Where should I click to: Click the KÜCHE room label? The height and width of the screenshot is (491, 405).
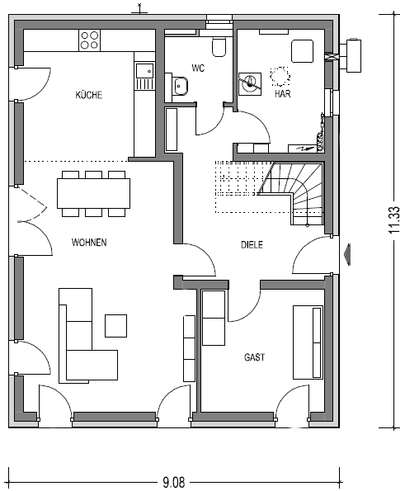point(89,95)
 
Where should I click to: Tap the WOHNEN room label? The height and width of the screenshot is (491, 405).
point(89,243)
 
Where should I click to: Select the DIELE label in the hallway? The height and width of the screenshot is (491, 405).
point(252,245)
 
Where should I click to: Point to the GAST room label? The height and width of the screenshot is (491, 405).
point(254,357)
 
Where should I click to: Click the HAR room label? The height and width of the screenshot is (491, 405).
point(282,93)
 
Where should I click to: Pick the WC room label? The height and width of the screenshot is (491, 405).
point(199,68)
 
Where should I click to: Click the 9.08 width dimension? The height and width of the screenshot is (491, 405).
point(174,482)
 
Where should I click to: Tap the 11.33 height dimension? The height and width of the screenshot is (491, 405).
point(394,220)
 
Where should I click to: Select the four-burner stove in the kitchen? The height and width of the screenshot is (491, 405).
point(89,40)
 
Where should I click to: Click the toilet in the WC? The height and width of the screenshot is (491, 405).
point(219,47)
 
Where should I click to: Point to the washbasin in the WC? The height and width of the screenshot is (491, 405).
point(181,85)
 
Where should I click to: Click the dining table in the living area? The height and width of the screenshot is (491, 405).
point(93,193)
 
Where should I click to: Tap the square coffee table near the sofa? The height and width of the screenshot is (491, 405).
point(115,326)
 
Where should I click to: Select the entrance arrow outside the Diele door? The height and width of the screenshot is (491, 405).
point(346,254)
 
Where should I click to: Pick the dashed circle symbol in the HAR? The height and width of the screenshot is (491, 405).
point(280,77)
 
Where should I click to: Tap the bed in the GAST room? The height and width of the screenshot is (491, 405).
point(308,342)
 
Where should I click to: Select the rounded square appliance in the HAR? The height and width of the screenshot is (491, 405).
point(303,51)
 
